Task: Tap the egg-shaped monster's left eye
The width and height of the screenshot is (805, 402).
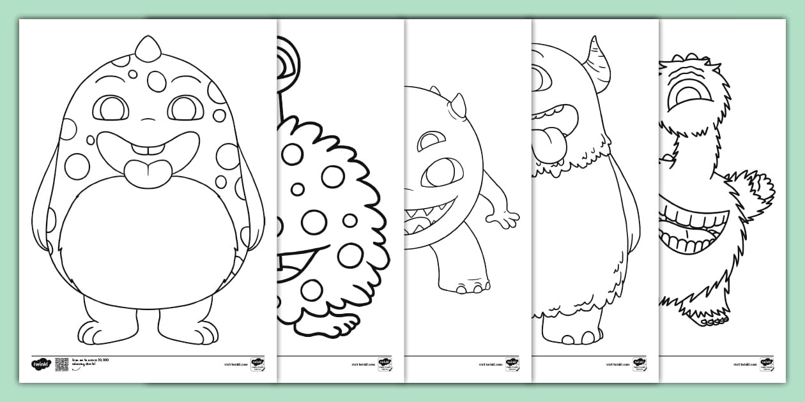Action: tap(111, 108)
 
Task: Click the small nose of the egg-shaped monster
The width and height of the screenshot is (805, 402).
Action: tap(148, 121)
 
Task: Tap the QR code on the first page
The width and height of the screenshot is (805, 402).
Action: tap(62, 364)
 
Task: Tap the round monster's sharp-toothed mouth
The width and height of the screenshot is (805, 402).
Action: tap(428, 216)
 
